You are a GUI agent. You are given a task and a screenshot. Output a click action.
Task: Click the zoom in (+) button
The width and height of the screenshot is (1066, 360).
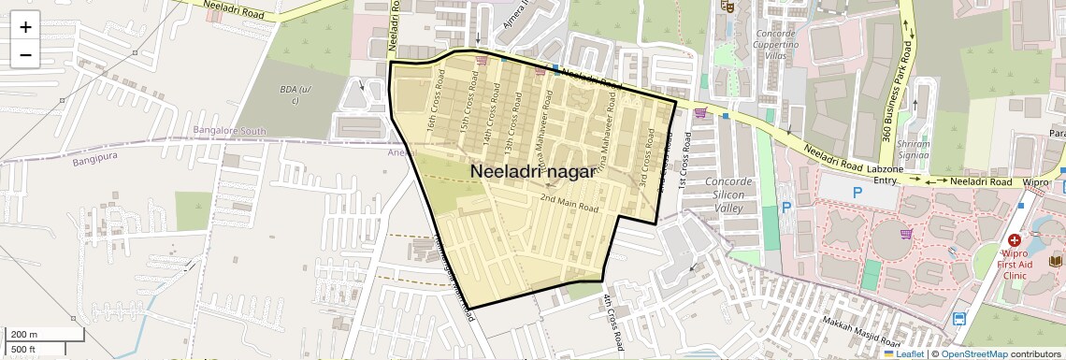pyautogui.click(x=25, y=27)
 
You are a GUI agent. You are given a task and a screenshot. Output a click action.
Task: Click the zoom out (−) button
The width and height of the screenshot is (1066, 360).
pyautogui.click(x=25, y=54)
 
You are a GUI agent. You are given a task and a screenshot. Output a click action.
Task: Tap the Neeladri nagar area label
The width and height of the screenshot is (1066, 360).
pyautogui.click(x=532, y=172)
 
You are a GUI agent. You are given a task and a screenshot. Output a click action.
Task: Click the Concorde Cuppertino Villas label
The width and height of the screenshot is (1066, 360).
pyautogui.click(x=776, y=44)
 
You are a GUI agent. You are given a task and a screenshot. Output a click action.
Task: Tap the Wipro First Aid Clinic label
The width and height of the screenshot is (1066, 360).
pyautogui.click(x=1016, y=265)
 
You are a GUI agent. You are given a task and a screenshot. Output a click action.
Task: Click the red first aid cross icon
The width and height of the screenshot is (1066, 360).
pyautogui.click(x=1015, y=241)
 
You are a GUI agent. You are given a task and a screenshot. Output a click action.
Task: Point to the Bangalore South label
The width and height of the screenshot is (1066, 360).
pyautogui.click(x=230, y=130)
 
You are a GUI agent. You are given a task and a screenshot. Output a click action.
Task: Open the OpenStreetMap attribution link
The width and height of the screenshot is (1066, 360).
pyautogui.click(x=974, y=354)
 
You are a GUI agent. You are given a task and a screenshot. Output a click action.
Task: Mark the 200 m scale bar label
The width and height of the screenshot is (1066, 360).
pyautogui.click(x=23, y=334)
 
